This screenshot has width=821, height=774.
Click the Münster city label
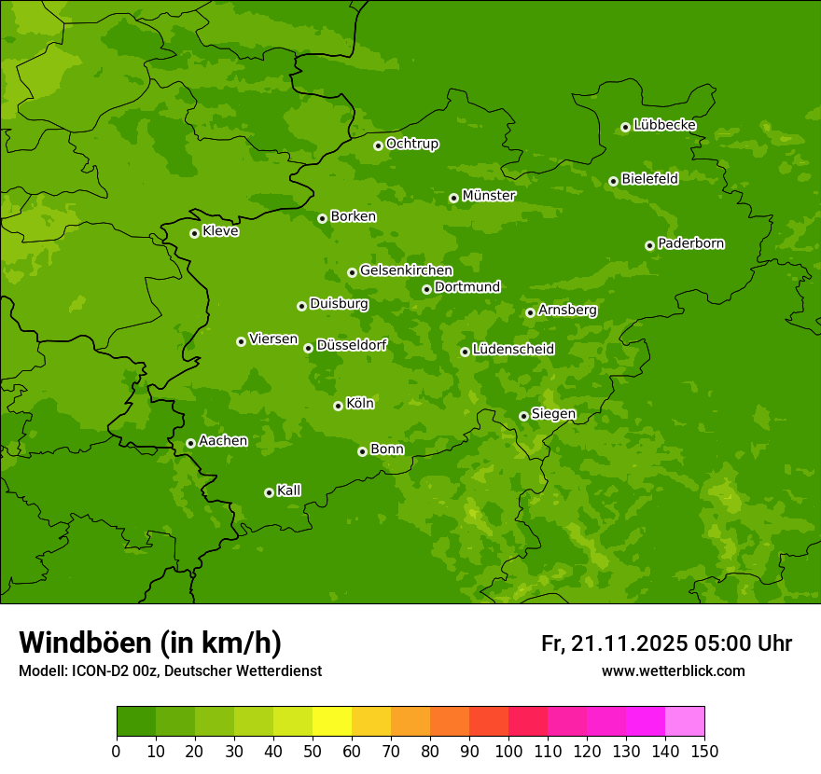(488, 196)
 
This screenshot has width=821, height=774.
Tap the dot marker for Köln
(338, 406)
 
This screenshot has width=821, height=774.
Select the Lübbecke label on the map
(664, 125)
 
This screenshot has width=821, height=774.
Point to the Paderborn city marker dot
(649, 245)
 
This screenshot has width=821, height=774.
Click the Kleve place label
(220, 231)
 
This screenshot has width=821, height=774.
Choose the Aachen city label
(223, 441)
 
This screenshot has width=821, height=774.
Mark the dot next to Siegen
(523, 416)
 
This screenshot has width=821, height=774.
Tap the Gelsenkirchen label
(406, 270)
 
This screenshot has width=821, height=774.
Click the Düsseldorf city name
(352, 345)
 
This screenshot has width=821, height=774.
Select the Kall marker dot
(269, 492)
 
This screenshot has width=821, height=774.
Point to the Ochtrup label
(411, 144)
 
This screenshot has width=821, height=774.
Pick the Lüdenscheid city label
(513, 350)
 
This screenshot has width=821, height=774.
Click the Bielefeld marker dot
(613, 181)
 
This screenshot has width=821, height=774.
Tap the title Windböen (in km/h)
(150, 643)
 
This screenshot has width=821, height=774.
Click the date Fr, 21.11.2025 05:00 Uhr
(666, 643)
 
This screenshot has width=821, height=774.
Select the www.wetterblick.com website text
(673, 670)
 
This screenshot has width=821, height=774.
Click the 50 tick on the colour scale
(313, 751)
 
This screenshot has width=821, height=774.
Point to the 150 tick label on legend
(704, 751)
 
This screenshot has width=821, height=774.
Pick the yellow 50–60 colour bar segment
(332, 722)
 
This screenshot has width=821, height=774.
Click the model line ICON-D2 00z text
(170, 670)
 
